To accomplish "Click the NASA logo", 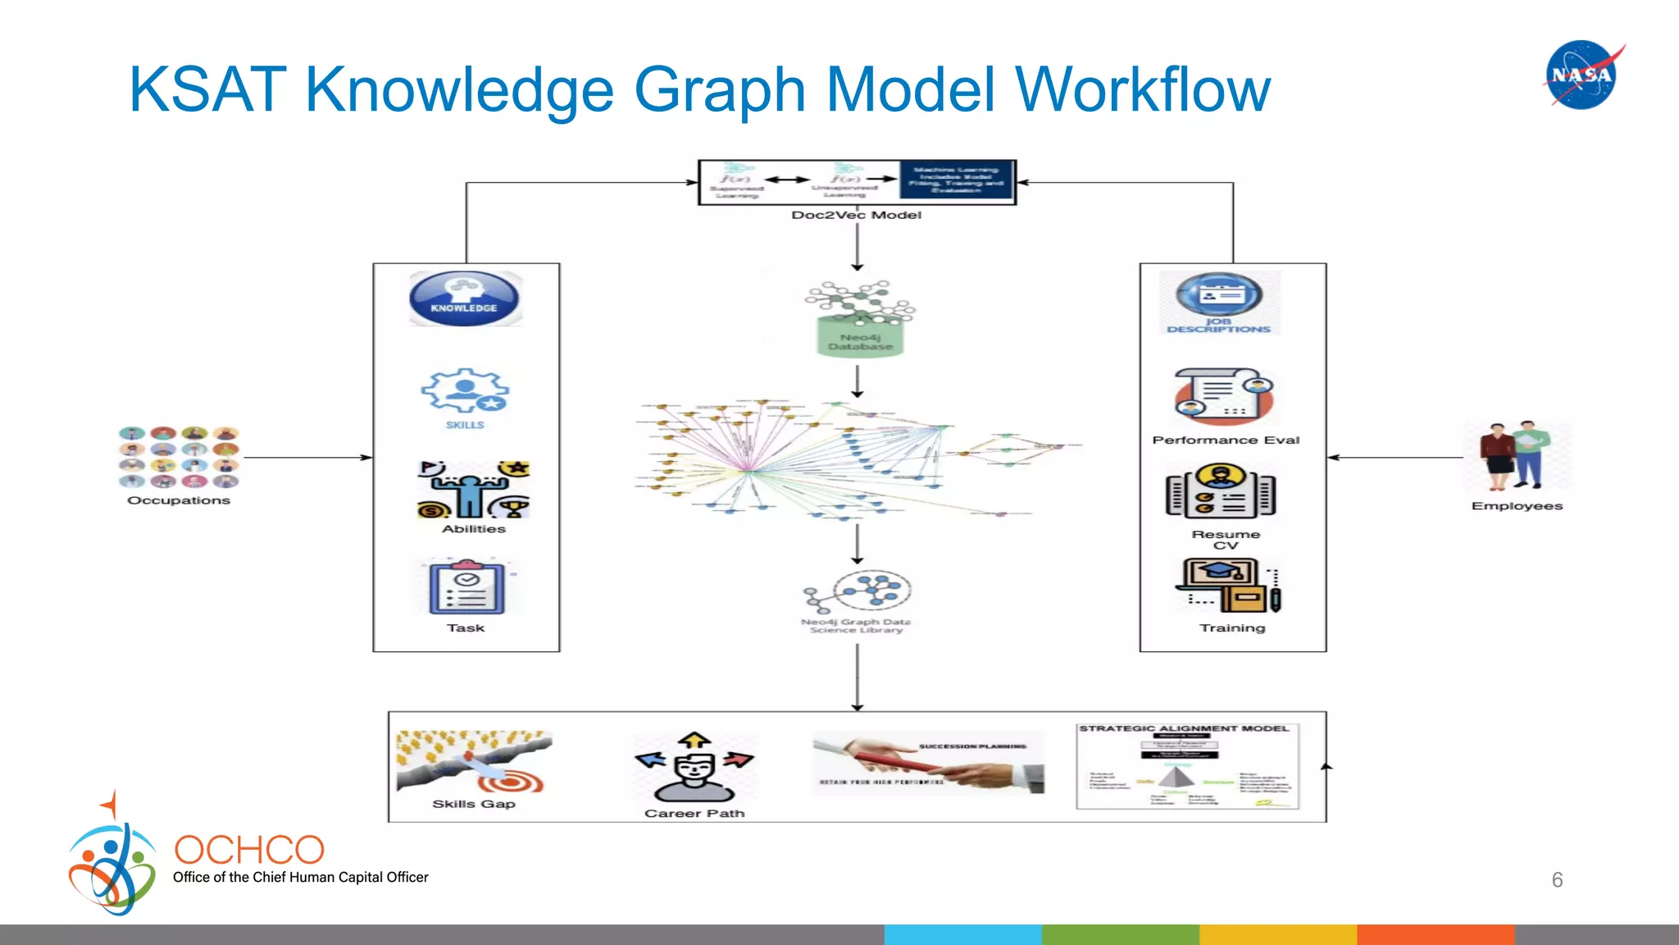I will click(x=1582, y=75).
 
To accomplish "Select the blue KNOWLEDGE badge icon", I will click(x=465, y=299).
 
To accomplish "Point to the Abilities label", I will click(x=474, y=529).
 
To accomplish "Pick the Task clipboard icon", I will click(x=466, y=587).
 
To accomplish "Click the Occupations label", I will click(x=179, y=500).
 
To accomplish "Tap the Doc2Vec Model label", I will click(x=856, y=215).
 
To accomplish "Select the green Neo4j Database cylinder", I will click(x=860, y=336).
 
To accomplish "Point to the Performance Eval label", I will click(x=1226, y=441).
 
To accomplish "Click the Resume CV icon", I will click(x=1221, y=491).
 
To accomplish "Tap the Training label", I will click(x=1232, y=628).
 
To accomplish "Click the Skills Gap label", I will click(x=474, y=804).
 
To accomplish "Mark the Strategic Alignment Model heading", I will click(x=1184, y=728).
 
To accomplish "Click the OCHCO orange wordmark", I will click(x=249, y=850).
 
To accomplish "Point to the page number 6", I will click(x=1557, y=880).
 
